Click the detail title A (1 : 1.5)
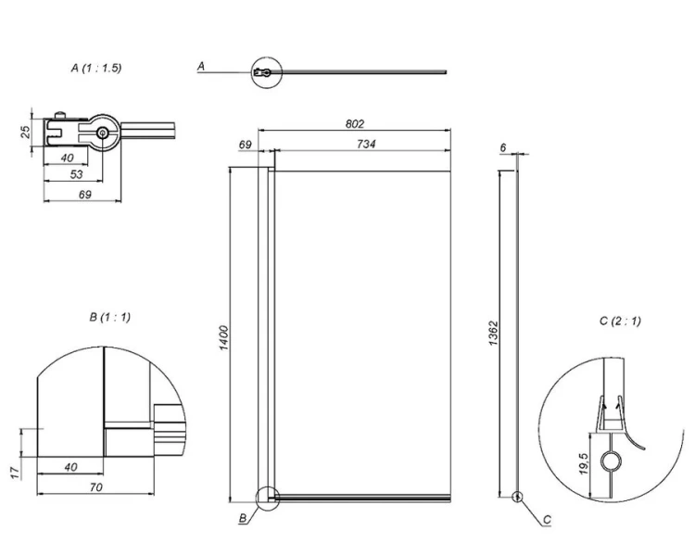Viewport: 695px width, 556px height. coord(96,69)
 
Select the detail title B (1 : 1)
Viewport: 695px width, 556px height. coord(109,317)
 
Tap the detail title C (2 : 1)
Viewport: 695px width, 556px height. coord(620,322)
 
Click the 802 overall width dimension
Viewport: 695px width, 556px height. coord(354,124)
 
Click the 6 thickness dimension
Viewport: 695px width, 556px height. coord(501,148)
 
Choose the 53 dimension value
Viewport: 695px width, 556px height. coord(76,173)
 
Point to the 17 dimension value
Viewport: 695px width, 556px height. coord(16,473)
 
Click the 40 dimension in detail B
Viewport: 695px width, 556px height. coord(70,467)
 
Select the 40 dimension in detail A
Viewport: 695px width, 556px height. coord(67,158)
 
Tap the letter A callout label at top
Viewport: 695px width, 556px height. coord(201,67)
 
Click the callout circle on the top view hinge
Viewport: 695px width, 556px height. coord(264,71)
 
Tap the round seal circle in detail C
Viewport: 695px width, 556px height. coord(611,461)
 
